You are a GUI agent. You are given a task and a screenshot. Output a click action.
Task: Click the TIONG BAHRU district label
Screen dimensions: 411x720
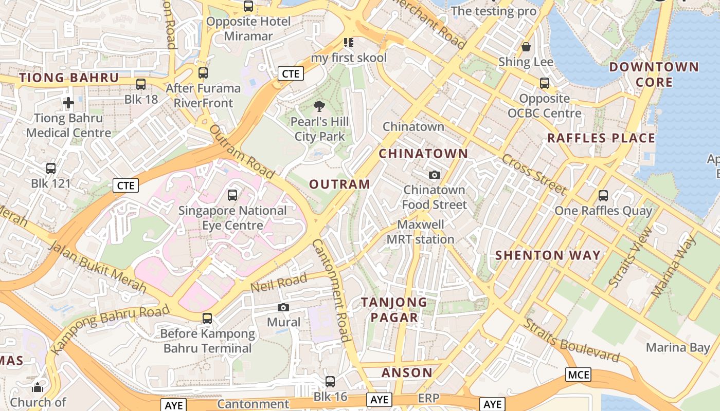pyautogui.click(x=69, y=78)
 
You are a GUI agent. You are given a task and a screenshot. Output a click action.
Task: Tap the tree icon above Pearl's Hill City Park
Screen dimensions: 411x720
pyautogui.click(x=319, y=106)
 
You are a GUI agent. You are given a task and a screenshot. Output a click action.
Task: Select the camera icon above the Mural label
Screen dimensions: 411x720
pyautogui.click(x=283, y=307)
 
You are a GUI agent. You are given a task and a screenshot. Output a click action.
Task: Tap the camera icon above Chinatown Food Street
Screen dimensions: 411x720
pyautogui.click(x=435, y=175)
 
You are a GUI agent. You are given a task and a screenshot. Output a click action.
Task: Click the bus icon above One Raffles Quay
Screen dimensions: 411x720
pyautogui.click(x=603, y=196)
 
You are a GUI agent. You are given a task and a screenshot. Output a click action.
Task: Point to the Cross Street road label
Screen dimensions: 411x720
pyautogui.click(x=534, y=174)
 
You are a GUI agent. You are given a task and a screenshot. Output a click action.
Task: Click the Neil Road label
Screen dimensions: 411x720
pyautogui.click(x=279, y=283)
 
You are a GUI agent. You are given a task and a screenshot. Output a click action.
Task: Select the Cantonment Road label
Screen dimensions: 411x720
pyautogui.click(x=332, y=290)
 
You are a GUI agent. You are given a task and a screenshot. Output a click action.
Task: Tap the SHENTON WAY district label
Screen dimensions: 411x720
pyautogui.click(x=548, y=255)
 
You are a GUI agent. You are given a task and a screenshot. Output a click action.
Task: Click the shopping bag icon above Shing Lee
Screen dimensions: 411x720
pyautogui.click(x=526, y=47)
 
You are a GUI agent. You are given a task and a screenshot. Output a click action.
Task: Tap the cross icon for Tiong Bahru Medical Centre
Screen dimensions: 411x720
pyautogui.click(x=68, y=103)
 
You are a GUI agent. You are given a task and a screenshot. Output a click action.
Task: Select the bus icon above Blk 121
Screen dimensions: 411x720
pyautogui.click(x=50, y=168)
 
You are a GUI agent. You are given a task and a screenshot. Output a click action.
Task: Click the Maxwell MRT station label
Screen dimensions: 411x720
pyautogui.click(x=421, y=232)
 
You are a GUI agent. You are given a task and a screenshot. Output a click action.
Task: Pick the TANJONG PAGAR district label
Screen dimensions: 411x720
pyautogui.click(x=394, y=310)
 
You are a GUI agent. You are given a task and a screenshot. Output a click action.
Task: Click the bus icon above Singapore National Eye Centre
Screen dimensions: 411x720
pyautogui.click(x=232, y=195)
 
